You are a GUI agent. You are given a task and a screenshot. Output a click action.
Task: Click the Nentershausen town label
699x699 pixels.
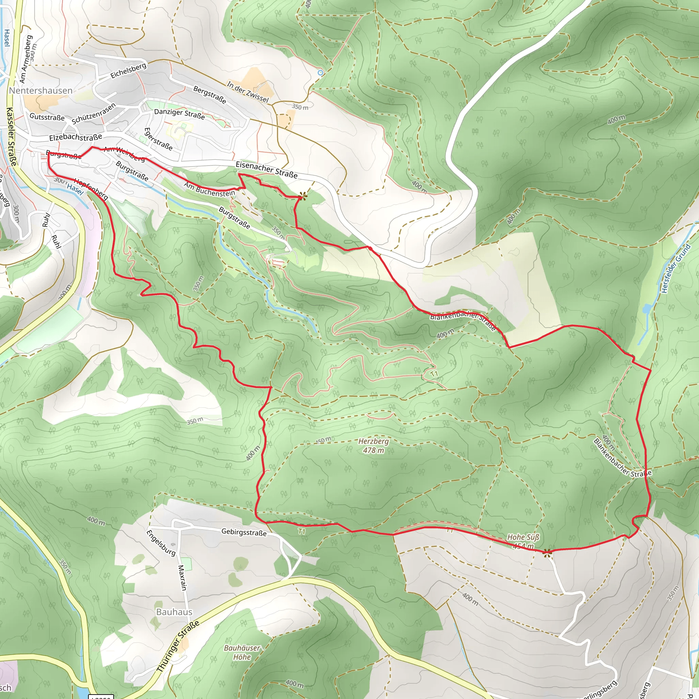[41, 90]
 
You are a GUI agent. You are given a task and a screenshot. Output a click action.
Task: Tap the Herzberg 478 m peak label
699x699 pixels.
[373, 446]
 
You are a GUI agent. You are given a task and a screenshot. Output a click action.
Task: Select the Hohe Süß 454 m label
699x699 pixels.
[523, 541]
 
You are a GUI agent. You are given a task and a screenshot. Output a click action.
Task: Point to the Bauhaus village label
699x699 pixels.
[174, 612]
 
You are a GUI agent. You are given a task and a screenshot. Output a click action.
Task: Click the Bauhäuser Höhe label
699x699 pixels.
[242, 652]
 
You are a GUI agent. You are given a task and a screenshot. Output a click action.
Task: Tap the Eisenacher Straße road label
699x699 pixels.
[267, 170]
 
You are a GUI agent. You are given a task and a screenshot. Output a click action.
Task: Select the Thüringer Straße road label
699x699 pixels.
[178, 647]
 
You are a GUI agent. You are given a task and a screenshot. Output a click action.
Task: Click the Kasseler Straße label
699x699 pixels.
[11, 137]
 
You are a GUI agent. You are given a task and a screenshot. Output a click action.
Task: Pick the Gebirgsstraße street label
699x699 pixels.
[244, 532]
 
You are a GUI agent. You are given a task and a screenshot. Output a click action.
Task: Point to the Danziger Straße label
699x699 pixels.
[180, 114]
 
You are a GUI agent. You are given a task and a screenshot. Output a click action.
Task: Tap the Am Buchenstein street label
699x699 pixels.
[209, 189]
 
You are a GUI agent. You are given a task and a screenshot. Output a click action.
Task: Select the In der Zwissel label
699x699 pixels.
[248, 92]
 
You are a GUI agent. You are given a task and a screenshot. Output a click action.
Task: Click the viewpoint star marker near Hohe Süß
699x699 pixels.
[547, 552]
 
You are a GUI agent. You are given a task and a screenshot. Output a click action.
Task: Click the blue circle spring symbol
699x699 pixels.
[320, 73]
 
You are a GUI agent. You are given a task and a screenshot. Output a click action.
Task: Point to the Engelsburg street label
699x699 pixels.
[161, 543]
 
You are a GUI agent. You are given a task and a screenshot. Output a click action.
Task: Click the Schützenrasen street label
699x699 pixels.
[94, 114]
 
